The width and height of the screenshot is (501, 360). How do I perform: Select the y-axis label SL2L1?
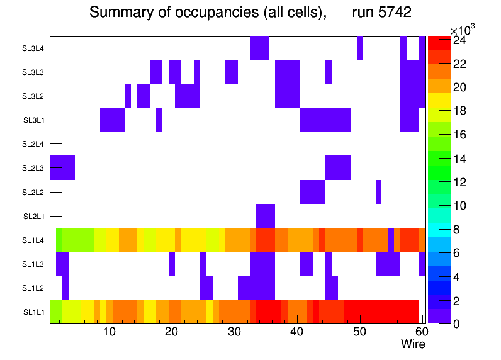coord(34,217)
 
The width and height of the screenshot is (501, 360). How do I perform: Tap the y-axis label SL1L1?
coord(34,312)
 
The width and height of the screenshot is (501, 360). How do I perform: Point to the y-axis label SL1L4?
coord(34,240)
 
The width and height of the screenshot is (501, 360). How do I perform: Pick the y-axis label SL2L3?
coord(34,168)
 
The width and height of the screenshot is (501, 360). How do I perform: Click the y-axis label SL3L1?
coord(34,120)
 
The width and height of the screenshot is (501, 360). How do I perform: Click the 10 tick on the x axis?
coord(109,332)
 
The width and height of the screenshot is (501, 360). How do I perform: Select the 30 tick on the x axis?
coord(234,332)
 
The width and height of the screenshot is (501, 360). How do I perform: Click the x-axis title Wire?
coord(413,344)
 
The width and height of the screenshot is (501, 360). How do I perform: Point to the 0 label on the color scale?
coord(455,324)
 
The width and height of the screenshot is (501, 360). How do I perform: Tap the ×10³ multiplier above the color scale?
coord(464,30)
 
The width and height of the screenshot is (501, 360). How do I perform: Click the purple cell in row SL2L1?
coord(266,216)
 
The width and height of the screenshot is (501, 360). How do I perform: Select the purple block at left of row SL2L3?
coord(62,168)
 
